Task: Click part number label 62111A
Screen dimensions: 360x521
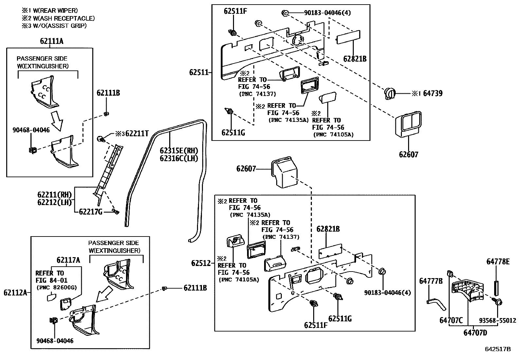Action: coord(52,41)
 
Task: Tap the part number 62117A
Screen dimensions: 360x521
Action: coord(68,260)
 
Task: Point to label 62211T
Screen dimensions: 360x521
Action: coord(137,133)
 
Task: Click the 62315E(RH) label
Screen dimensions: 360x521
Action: coord(179,151)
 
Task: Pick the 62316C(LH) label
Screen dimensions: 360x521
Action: coord(179,158)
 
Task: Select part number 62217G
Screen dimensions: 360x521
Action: coord(91,212)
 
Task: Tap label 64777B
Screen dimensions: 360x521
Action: coord(431,281)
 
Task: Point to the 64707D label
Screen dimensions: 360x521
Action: coord(475,333)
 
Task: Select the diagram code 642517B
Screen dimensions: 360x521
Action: coord(498,349)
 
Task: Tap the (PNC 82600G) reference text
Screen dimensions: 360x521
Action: coord(56,288)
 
